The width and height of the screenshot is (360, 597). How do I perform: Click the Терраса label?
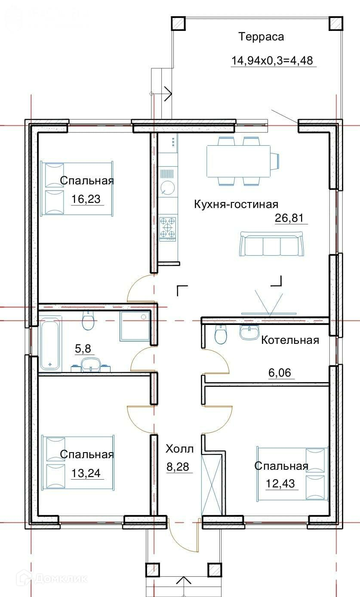(261, 37)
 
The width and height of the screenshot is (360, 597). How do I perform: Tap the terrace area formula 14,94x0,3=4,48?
(272, 61)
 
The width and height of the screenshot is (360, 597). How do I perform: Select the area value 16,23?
(86, 199)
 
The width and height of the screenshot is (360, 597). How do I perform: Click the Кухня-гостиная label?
(236, 205)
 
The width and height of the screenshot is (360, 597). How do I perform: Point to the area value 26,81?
(289, 218)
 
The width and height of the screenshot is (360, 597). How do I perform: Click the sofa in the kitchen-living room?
(271, 244)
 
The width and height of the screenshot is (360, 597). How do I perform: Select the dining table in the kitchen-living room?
(239, 161)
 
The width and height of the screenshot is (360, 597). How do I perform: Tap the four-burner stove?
(168, 228)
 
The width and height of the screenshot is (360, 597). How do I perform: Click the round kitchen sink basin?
(168, 187)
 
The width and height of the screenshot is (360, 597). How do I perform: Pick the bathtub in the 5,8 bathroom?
(50, 343)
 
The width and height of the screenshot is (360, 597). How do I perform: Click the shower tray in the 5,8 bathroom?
(135, 326)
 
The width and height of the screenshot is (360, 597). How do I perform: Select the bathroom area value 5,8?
(83, 348)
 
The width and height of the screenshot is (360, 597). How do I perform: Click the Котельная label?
(290, 340)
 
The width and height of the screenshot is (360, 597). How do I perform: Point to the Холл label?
(179, 449)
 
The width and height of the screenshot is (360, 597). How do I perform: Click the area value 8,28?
(178, 467)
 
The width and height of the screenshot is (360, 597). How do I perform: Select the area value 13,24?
(86, 473)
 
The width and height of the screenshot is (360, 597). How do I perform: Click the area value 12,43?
(280, 484)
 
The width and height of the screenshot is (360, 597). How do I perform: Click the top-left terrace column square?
(178, 24)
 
